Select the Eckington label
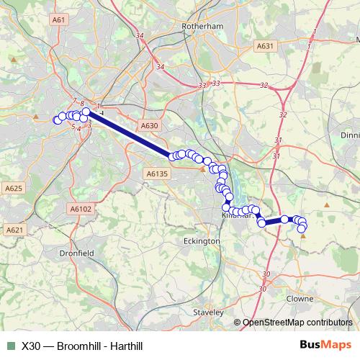point(202,241)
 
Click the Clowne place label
point(300,298)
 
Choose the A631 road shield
point(266,46)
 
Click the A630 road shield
point(149,125)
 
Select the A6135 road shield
point(156,174)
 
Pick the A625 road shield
point(14,188)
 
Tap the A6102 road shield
point(81,209)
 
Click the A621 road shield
point(14,230)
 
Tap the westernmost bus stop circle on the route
point(58,120)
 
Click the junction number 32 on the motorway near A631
point(264,86)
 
